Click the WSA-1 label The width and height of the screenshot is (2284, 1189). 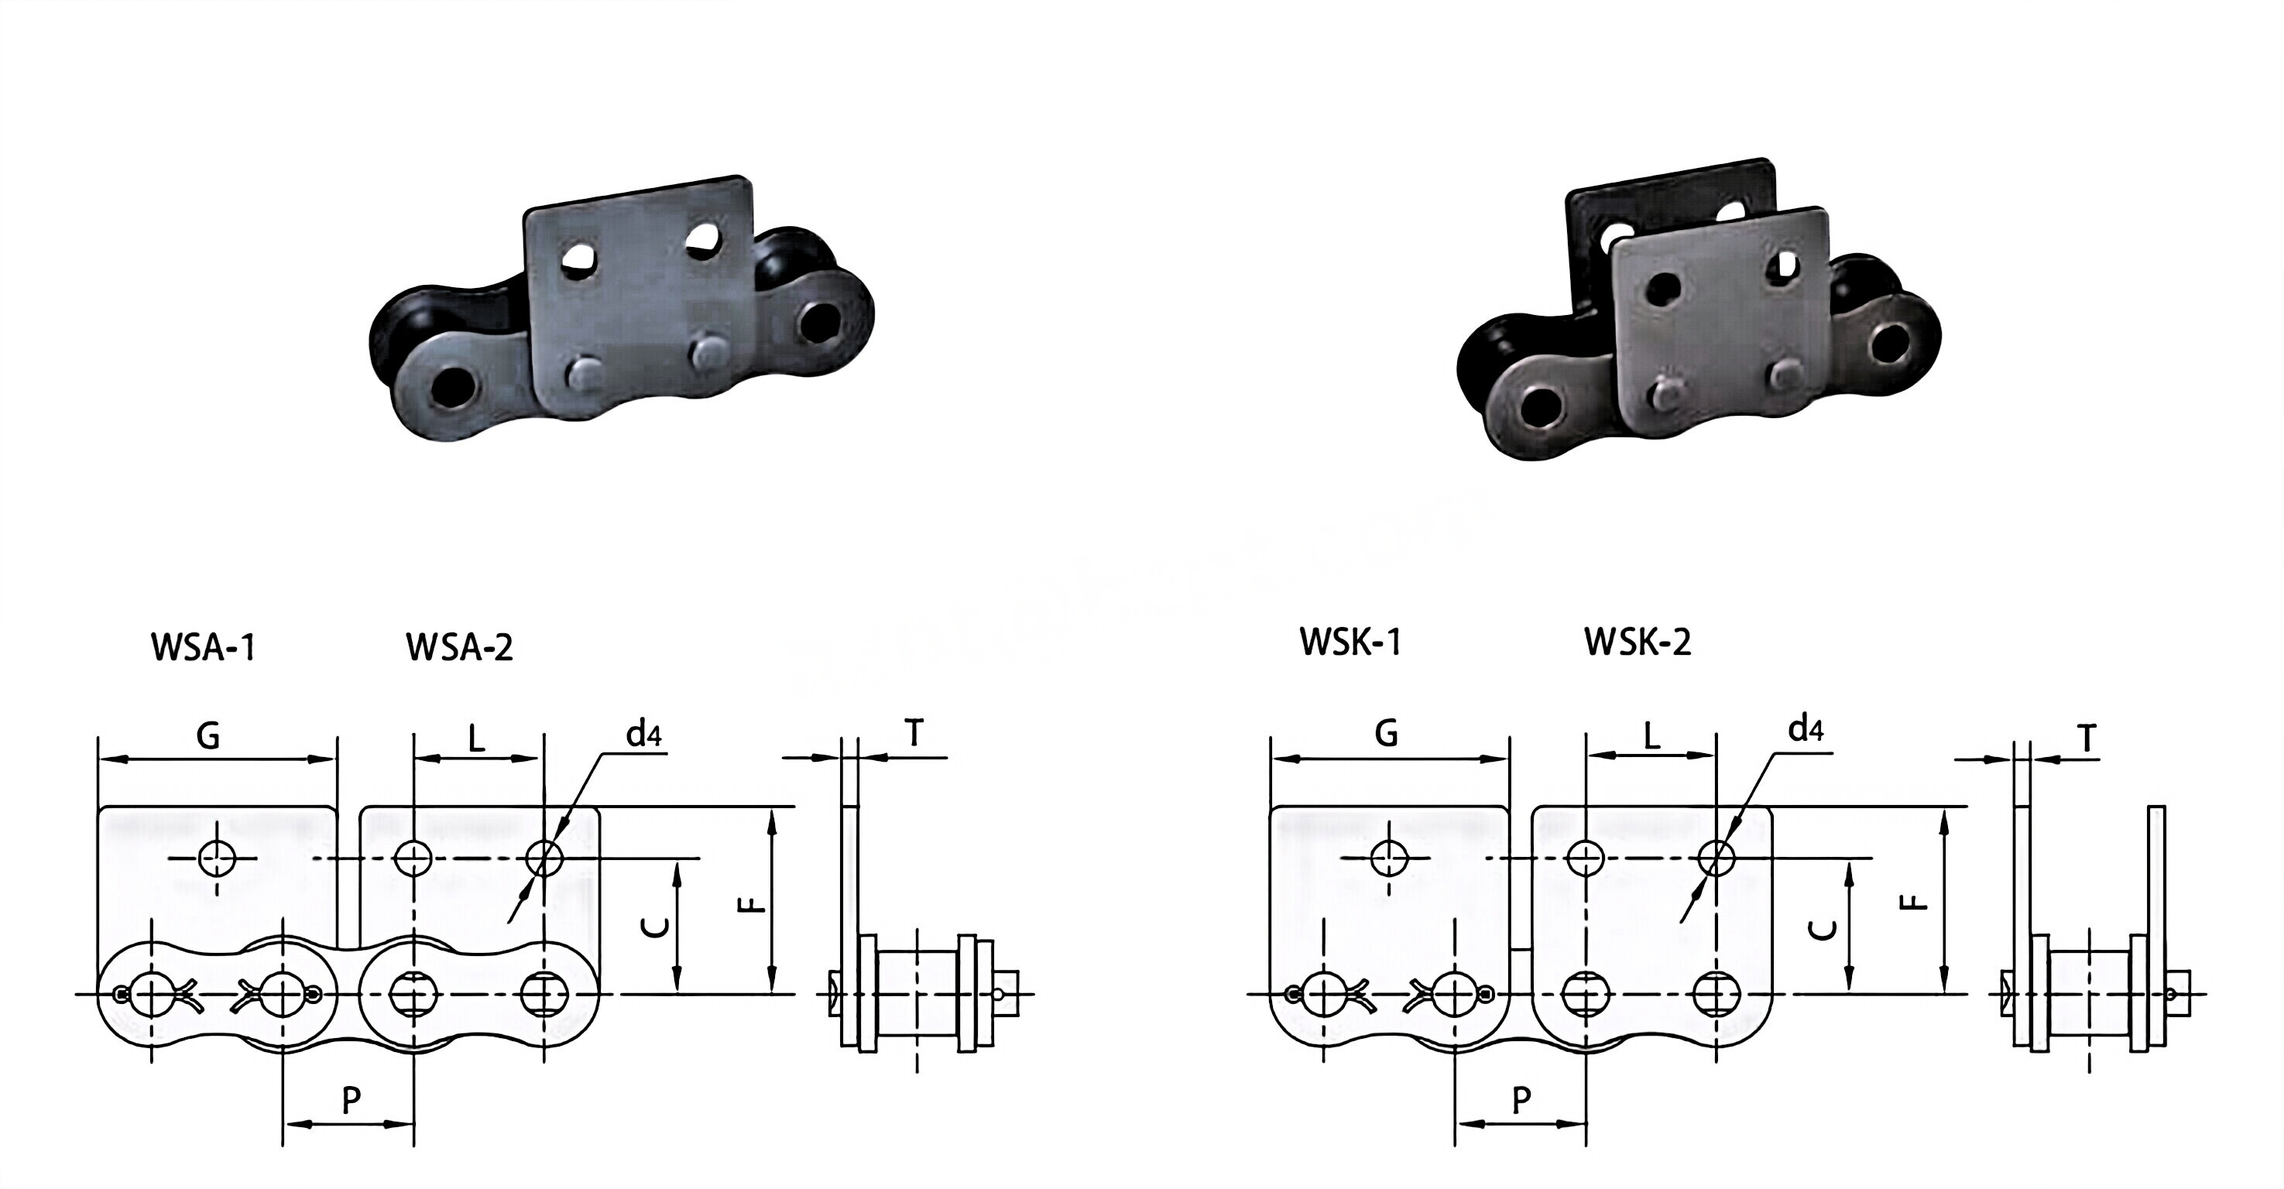[203, 647]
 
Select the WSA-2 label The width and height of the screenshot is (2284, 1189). [459, 647]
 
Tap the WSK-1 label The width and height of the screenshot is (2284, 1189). [1350, 641]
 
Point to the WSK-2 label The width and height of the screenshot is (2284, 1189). [1638, 642]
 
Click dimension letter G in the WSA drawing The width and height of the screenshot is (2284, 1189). [207, 735]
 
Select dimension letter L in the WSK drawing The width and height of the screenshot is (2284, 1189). [1651, 736]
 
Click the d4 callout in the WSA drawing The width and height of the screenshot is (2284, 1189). [643, 734]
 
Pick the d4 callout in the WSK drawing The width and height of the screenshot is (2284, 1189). [1806, 729]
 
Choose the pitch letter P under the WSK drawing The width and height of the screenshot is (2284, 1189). [1521, 1100]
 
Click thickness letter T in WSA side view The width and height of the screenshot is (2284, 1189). [914, 734]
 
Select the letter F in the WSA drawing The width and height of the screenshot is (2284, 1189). [751, 904]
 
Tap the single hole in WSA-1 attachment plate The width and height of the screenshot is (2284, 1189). [214, 858]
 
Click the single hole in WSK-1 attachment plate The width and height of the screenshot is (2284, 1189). [1388, 858]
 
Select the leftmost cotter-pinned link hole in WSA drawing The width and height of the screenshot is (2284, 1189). [152, 994]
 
